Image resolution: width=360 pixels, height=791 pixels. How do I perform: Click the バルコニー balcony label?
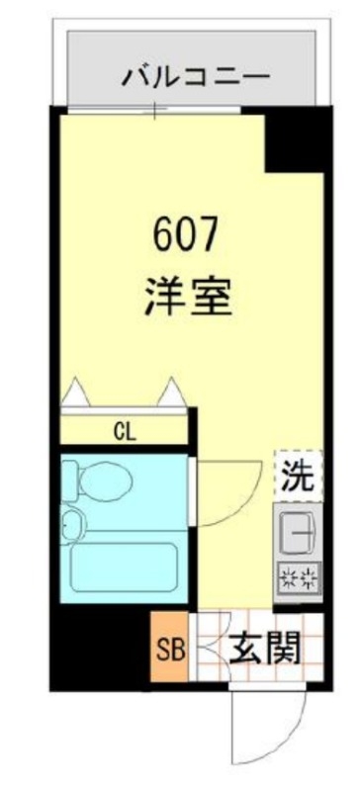[x=195, y=76]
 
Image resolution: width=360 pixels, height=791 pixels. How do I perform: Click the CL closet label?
[x=125, y=431]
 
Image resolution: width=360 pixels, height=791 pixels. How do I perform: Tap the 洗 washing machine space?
[x=299, y=478]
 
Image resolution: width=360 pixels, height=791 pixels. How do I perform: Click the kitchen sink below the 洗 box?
[x=299, y=534]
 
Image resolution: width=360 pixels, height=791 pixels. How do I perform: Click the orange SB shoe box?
[x=168, y=650]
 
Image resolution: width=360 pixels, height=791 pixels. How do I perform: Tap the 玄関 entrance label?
[x=264, y=650]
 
